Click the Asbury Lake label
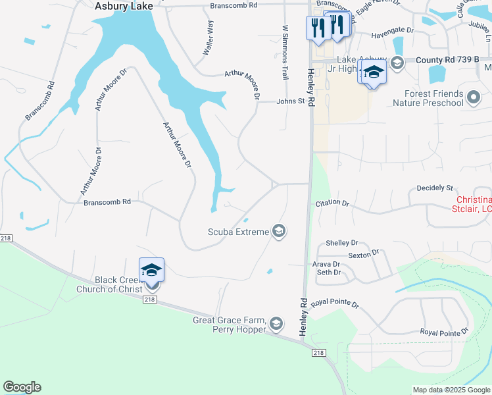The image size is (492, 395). tap(124, 6)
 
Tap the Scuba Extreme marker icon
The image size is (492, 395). tap(279, 231)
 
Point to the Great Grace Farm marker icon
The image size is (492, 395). tap(277, 323)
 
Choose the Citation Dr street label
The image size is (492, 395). tap(332, 203)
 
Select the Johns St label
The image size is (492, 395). tap(291, 101)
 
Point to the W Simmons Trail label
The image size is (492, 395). tap(285, 53)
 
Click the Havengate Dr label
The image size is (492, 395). tap(392, 30)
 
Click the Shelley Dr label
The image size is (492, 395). tap(342, 243)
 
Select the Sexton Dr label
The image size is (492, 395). tap(364, 253)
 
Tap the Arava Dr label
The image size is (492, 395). tap(326, 264)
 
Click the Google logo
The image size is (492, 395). tap(22, 387)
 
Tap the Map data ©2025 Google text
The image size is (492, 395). tap(451, 390)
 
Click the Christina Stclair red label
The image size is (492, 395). tap(474, 204)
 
